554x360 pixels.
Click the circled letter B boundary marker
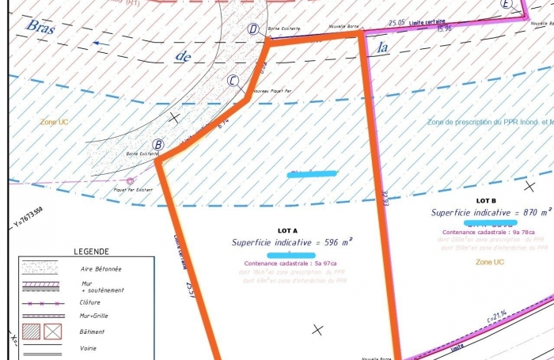click(x=158, y=145)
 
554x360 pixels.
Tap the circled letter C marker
click(x=233, y=80)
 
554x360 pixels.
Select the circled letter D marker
click(x=253, y=30)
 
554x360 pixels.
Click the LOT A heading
click(x=288, y=230)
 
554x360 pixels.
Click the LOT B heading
click(x=486, y=201)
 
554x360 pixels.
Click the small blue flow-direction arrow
click(x=101, y=44)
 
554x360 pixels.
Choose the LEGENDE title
click(x=92, y=252)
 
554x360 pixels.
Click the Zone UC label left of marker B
click(x=54, y=123)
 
